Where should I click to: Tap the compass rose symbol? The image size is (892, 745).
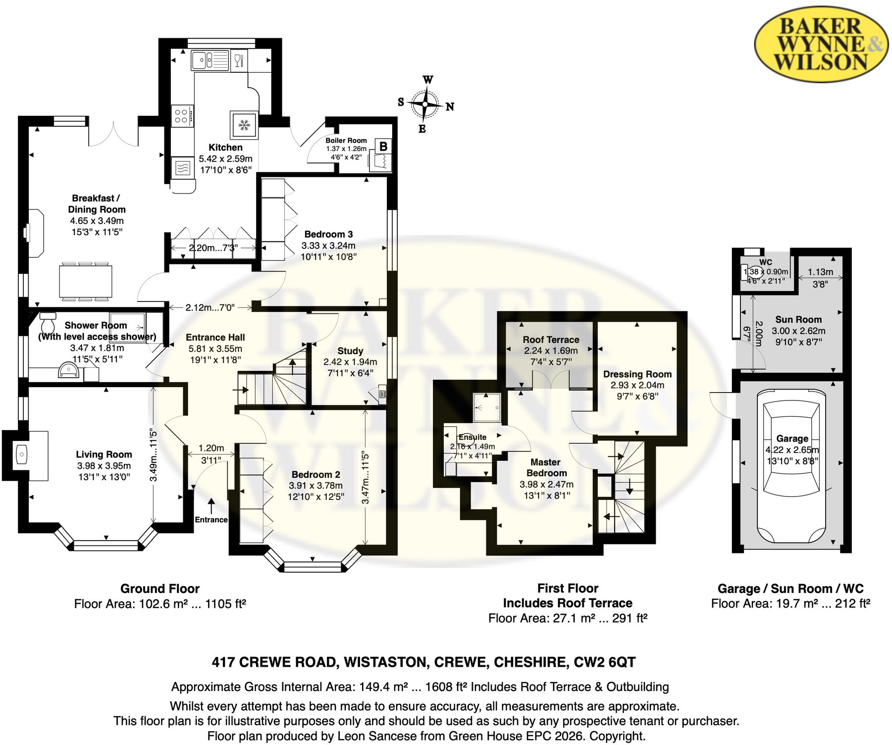click(x=425, y=104)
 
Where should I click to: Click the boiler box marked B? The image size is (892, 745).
click(x=383, y=146)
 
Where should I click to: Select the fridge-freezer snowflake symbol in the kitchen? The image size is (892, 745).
click(x=244, y=124)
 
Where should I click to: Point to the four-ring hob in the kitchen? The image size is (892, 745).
click(x=182, y=116)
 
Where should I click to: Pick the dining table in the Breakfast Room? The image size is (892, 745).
click(x=86, y=281)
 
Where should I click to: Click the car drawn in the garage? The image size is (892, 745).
click(x=791, y=466)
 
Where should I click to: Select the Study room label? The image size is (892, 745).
click(x=350, y=350)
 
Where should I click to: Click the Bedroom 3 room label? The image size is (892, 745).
click(x=328, y=234)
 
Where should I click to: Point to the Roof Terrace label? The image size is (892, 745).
click(x=551, y=340)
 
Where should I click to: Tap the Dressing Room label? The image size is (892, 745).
click(x=637, y=374)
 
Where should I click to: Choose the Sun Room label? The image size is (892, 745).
click(x=798, y=320)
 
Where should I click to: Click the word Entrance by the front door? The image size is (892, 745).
click(x=211, y=520)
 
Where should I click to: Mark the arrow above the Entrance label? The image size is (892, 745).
click(x=211, y=506)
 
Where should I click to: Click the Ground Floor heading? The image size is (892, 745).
click(x=160, y=589)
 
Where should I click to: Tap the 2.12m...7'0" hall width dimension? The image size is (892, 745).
click(x=210, y=307)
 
